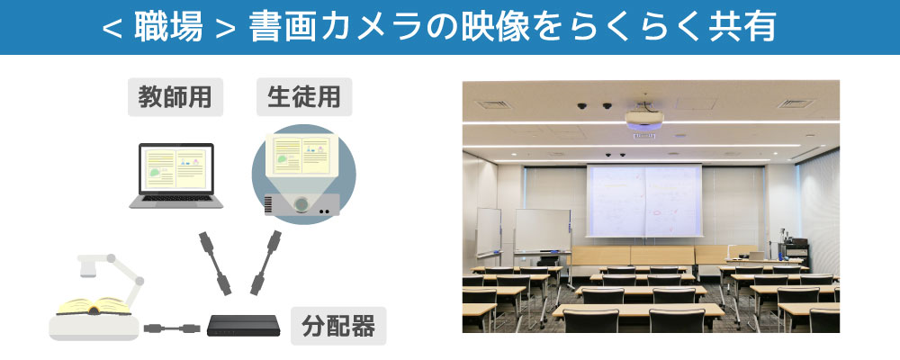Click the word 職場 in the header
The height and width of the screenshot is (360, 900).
tap(169, 27)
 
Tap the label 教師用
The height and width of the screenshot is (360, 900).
tap(175, 97)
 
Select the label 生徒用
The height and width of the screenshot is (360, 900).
tap(303, 97)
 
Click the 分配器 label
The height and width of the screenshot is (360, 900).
tap(338, 326)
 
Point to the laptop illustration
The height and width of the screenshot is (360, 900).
tap(176, 175)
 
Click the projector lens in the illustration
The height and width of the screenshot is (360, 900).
tap(301, 203)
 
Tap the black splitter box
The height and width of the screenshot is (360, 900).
tap(243, 325)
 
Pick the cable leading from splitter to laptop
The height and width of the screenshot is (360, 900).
tap(215, 263)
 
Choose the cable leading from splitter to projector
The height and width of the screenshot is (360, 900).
tap(265, 263)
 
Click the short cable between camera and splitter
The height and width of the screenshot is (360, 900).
tap(172, 328)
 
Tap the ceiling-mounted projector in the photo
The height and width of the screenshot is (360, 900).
tap(644, 118)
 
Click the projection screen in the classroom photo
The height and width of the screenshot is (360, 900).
tap(644, 201)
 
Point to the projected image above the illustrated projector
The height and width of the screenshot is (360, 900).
tap(301, 155)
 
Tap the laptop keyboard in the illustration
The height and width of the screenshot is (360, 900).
tap(175, 198)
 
